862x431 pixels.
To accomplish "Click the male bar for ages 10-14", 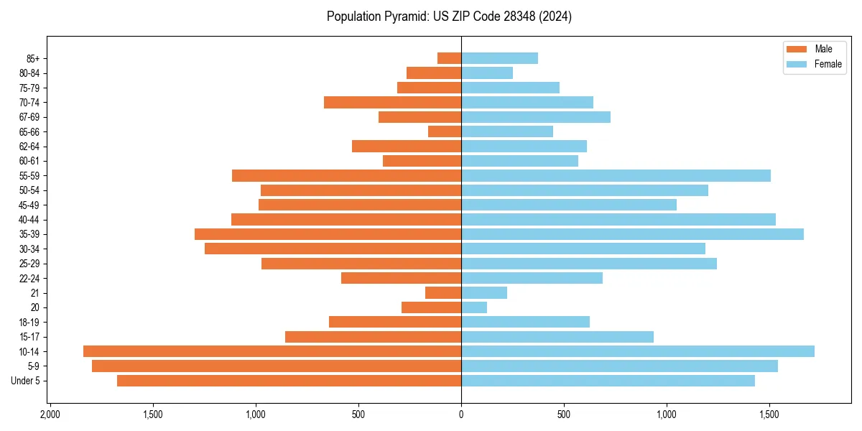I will (x=272, y=351).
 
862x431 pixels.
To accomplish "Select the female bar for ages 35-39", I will (x=632, y=234).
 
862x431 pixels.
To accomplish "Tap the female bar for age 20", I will (x=474, y=307).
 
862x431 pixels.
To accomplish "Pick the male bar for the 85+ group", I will (x=449, y=58).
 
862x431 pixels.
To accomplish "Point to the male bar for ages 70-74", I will (x=392, y=102).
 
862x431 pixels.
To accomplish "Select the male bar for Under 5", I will (x=289, y=381).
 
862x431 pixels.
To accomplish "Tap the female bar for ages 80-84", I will (x=487, y=73).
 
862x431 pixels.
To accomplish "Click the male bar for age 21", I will (x=443, y=292).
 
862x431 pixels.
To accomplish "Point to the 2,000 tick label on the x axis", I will (x=50, y=414).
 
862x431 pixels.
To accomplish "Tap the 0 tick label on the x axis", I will (x=461, y=414).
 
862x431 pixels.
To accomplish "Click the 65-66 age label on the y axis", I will (x=29, y=131).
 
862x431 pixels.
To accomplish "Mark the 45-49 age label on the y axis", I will (x=29, y=205).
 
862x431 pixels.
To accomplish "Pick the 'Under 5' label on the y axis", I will (x=26, y=381).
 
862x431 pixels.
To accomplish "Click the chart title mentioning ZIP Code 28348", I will (x=449, y=17).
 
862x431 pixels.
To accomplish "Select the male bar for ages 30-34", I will (x=333, y=249).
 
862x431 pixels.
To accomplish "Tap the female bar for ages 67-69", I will (x=536, y=117).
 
